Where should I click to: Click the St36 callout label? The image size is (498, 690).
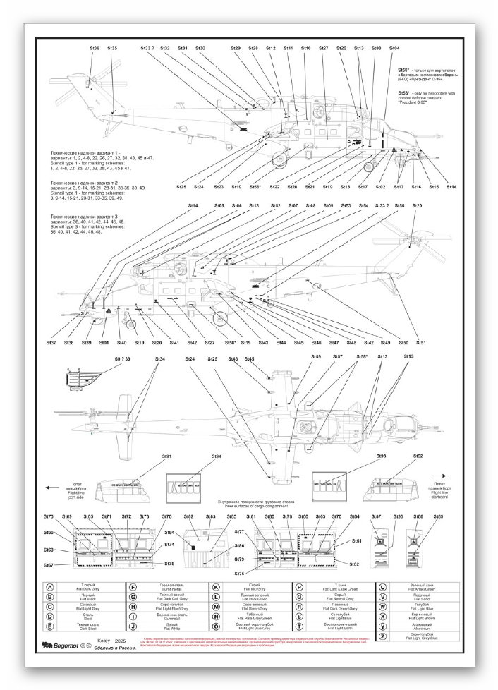[95, 48]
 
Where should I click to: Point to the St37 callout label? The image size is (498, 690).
[51, 342]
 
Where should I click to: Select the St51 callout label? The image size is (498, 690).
[421, 342]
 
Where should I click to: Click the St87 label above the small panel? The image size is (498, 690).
[376, 517]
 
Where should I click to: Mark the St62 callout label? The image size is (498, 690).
[355, 564]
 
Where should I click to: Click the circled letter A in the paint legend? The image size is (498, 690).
[50, 587]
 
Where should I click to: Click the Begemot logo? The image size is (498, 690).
[62, 644]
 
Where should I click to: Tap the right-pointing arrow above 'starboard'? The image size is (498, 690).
[442, 476]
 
